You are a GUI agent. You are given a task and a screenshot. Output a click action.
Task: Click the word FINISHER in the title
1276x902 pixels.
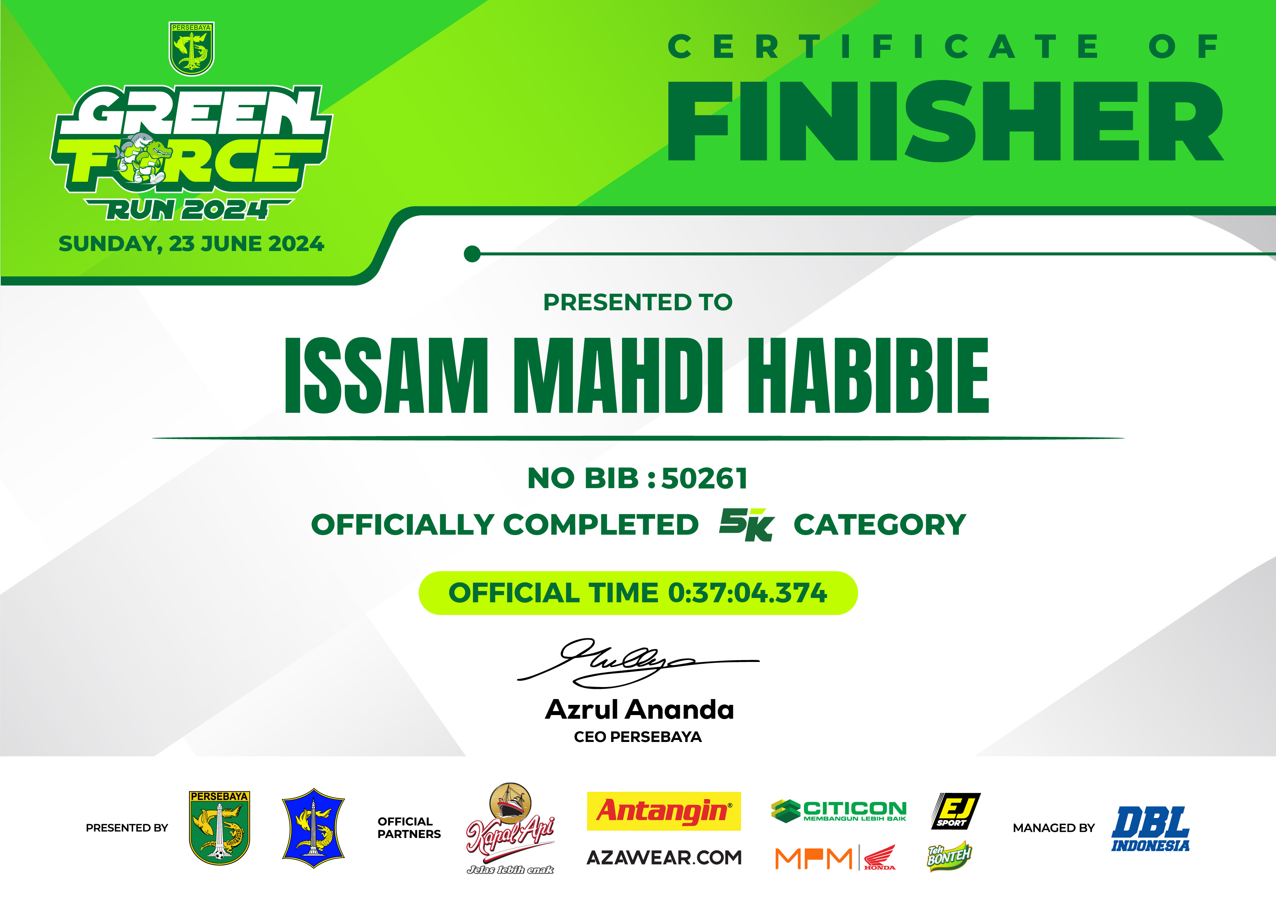(945, 121)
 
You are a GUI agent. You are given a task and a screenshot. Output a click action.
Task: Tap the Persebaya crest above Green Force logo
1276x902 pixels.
(191, 49)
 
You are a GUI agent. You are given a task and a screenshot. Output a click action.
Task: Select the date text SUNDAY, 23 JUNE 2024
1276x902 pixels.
(191, 244)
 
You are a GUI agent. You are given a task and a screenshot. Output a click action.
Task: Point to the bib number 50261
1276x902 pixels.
(705, 479)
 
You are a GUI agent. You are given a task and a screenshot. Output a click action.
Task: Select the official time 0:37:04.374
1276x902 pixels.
(747, 593)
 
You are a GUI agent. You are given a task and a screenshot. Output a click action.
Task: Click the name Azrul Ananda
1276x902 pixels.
(639, 710)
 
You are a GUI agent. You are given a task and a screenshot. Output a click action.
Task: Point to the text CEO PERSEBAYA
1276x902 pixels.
(638, 737)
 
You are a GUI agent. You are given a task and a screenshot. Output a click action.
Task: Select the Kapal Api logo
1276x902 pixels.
(510, 828)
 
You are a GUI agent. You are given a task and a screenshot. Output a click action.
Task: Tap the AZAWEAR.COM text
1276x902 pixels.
(664, 858)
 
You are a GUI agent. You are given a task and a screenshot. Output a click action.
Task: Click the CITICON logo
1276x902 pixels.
(839, 811)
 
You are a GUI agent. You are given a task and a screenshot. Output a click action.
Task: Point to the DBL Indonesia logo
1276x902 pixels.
(1151, 829)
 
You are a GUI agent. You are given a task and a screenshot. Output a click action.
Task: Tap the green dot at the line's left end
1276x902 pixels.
(472, 254)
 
